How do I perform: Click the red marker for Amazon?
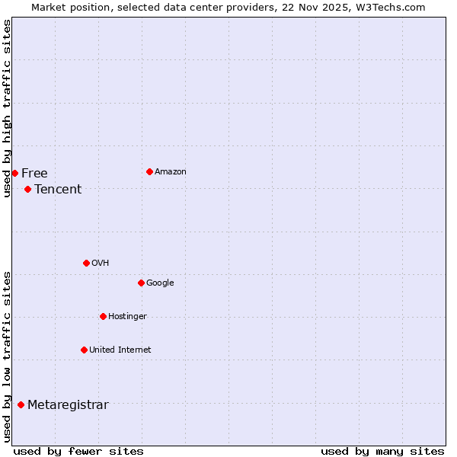149,171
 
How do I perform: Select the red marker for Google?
141,283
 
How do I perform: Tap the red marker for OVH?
86,263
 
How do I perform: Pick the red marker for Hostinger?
103,316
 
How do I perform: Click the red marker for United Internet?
84,350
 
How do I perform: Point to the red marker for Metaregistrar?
21,404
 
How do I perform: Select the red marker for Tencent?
27,189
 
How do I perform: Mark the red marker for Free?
14,173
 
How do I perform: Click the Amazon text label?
171,172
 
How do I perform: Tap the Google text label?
160,283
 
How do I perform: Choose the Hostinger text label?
127,317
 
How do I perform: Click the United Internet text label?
120,350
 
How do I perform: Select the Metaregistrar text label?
68,405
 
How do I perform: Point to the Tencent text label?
58,190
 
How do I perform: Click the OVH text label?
101,264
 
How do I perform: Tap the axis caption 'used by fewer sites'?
78,451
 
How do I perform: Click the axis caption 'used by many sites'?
382,451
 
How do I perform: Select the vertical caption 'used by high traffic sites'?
7,108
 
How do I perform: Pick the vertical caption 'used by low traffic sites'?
7,356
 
